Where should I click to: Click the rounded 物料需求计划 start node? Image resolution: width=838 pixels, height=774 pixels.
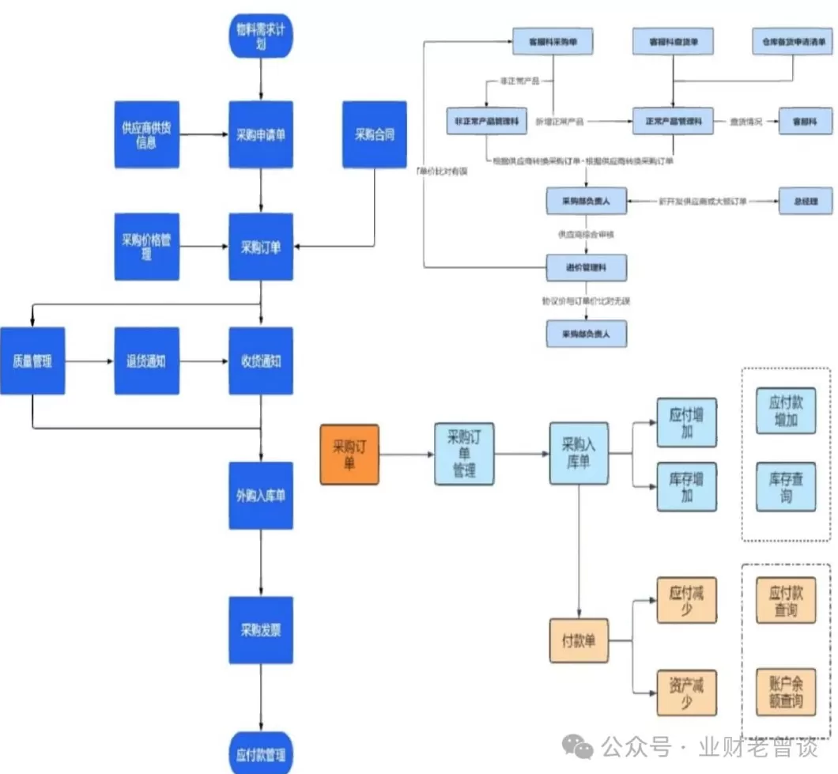[261, 36]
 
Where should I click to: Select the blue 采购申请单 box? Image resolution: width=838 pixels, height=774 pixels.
[261, 134]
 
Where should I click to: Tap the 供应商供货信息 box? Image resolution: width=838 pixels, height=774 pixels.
[147, 134]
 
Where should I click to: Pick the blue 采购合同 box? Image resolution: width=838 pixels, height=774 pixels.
[375, 134]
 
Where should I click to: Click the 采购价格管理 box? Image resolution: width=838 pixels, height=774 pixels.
[147, 247]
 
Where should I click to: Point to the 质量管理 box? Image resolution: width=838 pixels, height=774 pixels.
[32, 361]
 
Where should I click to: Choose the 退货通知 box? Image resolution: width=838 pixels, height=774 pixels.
[147, 361]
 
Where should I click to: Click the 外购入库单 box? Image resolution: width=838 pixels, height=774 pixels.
[261, 496]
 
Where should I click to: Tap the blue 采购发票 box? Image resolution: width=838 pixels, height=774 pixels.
[261, 630]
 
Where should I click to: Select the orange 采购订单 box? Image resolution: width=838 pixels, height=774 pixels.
[349, 455]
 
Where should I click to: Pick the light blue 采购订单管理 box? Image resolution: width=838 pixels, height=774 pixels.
[464, 454]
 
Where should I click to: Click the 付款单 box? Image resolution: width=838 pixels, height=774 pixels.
[579, 640]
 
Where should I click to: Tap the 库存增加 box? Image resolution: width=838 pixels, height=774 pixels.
[687, 487]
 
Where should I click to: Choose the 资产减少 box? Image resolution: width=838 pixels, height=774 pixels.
[686, 693]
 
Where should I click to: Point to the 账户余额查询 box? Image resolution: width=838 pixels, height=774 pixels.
[786, 693]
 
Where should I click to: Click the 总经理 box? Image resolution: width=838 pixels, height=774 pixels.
[805, 202]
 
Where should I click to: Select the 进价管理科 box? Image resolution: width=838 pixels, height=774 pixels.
[587, 268]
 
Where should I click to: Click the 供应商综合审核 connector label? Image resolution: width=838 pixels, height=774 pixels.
[586, 235]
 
